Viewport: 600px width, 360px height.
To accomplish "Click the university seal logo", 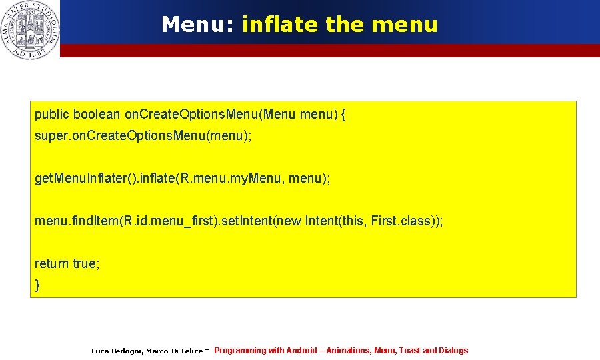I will pos(30,29).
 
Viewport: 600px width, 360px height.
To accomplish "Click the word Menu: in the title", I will pos(198,25).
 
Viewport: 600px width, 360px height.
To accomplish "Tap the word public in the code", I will pos(52,115).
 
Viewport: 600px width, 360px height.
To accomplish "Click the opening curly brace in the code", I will pos(343,115).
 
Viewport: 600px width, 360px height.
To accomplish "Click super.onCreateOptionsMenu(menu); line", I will pos(143,137).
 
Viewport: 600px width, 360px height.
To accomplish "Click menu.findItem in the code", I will pos(75,221).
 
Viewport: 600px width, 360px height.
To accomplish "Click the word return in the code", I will pos(52,263).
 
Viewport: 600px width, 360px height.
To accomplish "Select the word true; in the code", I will pos(86,263).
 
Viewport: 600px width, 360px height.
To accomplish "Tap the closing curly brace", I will pos(37,285).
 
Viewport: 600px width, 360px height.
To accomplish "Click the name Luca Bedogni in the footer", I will pos(116,351).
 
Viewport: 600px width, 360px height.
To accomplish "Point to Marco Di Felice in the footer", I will pos(174,351).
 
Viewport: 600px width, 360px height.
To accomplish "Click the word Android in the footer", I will pos(302,351).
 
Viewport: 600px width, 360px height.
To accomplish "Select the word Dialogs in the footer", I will pos(454,351).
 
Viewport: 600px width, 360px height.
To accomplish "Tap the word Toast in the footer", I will pos(409,351).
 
